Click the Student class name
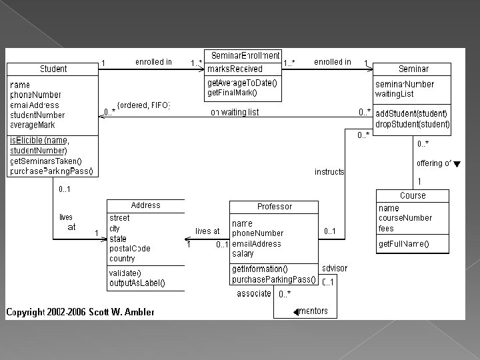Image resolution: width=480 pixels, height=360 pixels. pyautogui.click(x=53, y=69)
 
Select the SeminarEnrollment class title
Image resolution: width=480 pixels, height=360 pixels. pyautogui.click(x=245, y=55)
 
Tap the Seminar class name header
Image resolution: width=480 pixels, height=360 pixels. pyautogui.click(x=413, y=69)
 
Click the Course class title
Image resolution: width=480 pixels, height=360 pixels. pyautogui.click(x=413, y=195)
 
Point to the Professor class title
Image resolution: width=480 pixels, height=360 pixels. pyautogui.click(x=275, y=207)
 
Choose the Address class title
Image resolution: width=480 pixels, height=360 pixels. pyautogui.click(x=145, y=205)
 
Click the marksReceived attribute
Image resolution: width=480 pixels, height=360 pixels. pyautogui.click(x=235, y=69)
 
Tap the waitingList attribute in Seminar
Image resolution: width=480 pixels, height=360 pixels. pyautogui.click(x=395, y=94)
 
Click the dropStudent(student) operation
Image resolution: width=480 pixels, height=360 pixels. pyautogui.click(x=413, y=125)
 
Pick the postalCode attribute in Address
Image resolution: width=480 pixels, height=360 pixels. pyautogui.click(x=130, y=248)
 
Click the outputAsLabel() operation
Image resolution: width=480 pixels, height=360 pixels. pyautogui.click(x=137, y=283)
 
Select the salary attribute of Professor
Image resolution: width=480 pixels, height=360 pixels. pyautogui.click(x=243, y=253)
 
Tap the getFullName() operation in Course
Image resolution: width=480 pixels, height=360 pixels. pyautogui.click(x=404, y=245)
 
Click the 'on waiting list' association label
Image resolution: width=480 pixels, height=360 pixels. pyautogui.click(x=235, y=112)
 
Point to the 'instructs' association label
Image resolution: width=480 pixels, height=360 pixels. pyautogui.click(x=329, y=171)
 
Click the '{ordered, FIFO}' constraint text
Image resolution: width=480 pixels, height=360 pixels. pyautogui.click(x=144, y=105)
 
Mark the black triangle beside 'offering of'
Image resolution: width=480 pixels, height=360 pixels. pyautogui.click(x=457, y=164)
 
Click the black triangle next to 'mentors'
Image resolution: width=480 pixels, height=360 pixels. pyautogui.click(x=296, y=311)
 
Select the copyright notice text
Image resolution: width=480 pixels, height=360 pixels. pyautogui.click(x=80, y=311)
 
